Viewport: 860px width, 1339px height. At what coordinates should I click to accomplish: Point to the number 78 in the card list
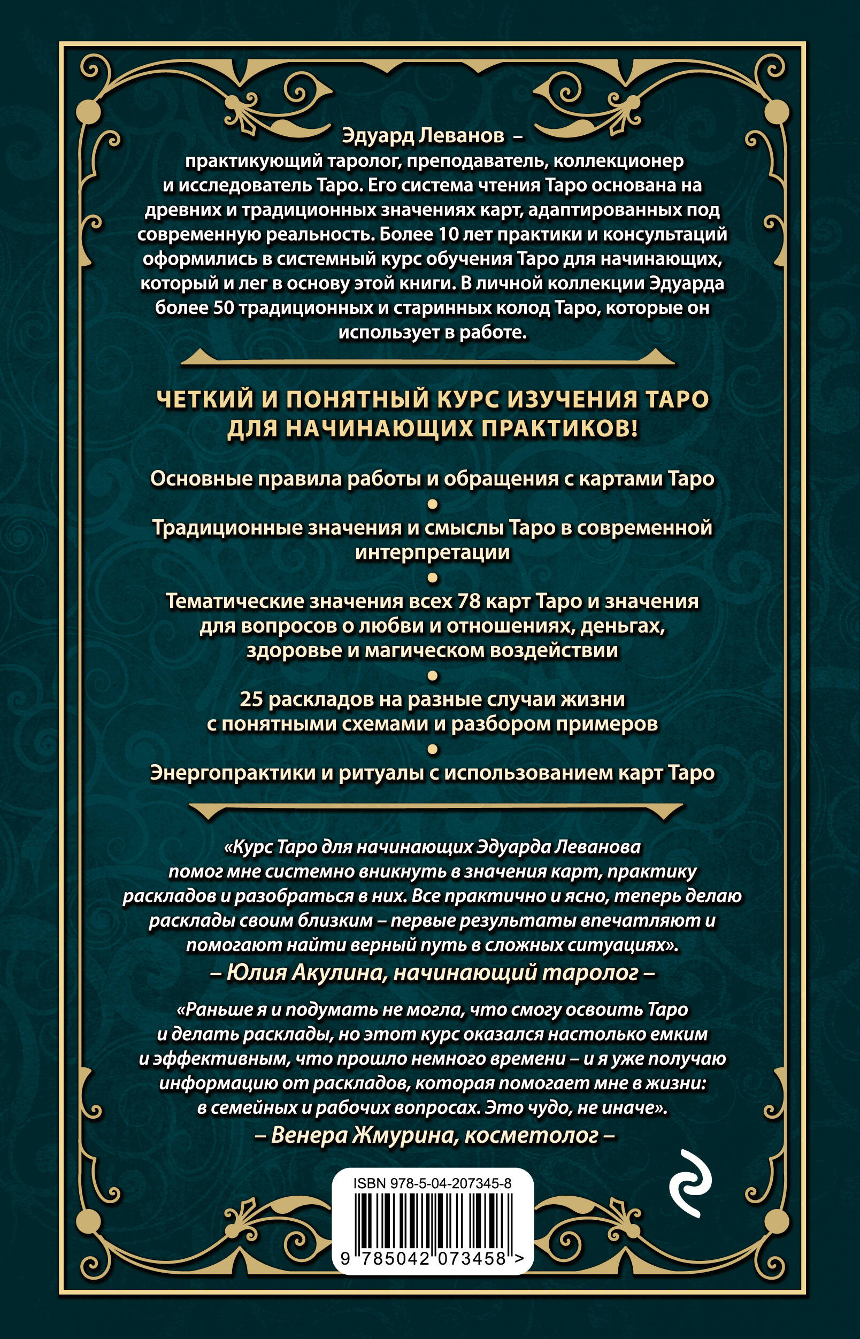(x=468, y=602)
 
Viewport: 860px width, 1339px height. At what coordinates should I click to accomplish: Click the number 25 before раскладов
(x=251, y=699)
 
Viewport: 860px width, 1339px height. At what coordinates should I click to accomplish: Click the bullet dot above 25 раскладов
(x=432, y=675)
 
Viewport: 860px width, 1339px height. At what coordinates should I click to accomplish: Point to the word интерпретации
(x=433, y=552)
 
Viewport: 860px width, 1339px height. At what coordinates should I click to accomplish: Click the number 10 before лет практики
(x=452, y=235)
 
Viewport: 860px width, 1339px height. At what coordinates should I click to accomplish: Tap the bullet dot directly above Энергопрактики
(x=432, y=749)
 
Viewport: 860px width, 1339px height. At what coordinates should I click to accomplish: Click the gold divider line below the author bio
(x=428, y=360)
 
